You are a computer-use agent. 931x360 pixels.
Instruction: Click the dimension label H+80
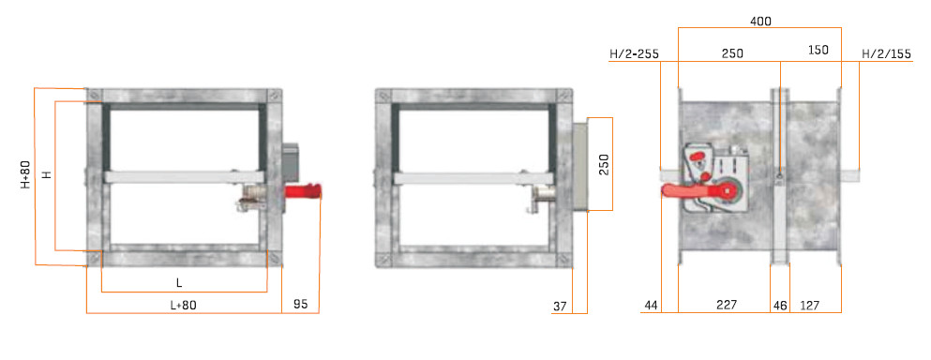(26, 174)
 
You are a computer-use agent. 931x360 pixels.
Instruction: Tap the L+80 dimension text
(183, 306)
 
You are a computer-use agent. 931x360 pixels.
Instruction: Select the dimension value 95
(301, 304)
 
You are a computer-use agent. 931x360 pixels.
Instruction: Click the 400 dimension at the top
(760, 22)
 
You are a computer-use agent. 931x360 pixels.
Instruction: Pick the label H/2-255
(634, 54)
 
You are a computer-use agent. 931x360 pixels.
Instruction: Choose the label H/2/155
(886, 54)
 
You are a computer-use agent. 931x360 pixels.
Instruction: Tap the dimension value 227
(727, 305)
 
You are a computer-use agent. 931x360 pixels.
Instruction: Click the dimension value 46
(780, 306)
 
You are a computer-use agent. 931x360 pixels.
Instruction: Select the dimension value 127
(809, 306)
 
